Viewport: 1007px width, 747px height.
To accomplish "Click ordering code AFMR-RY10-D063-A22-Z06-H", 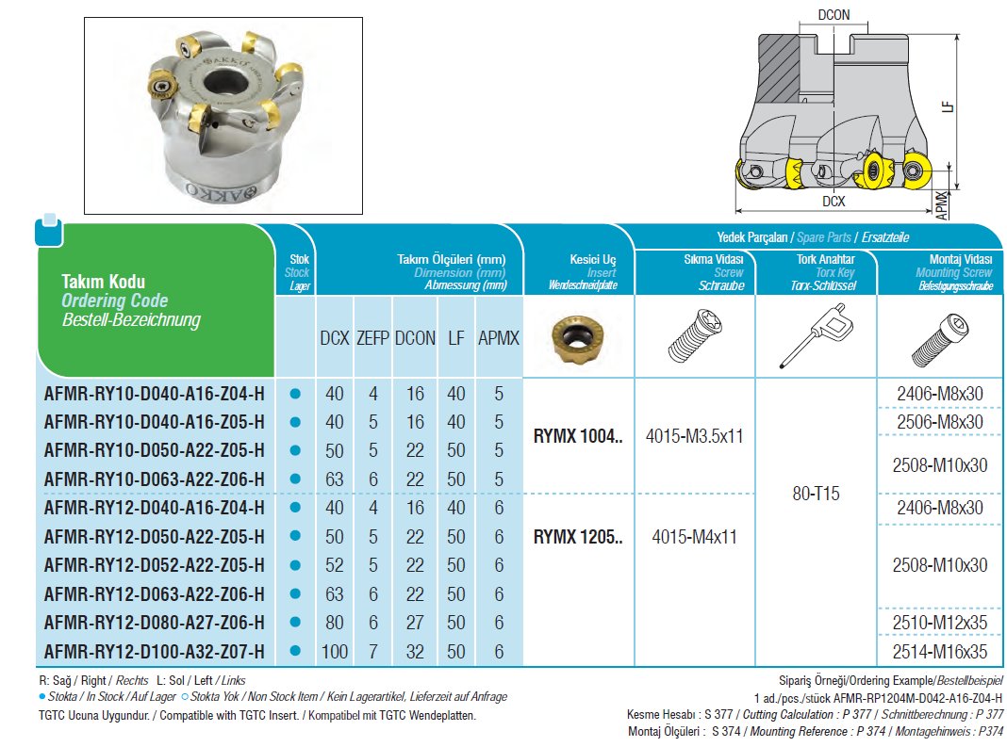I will pyautogui.click(x=154, y=479).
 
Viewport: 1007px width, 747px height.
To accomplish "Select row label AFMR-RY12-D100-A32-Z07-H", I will pyautogui.click(x=154, y=651).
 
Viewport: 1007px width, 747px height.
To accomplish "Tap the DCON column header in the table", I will pyautogui.click(x=414, y=338).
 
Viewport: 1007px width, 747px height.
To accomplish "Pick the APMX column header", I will pyautogui.click(x=498, y=338).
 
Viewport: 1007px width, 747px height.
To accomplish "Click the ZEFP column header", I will pyautogui.click(x=372, y=338).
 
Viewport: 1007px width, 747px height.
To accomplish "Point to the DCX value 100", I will pyautogui.click(x=334, y=651).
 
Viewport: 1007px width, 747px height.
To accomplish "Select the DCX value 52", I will pyautogui.click(x=334, y=565).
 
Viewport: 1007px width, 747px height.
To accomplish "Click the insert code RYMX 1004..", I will pyautogui.click(x=578, y=436).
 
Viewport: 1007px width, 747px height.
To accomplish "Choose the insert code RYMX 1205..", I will pyautogui.click(x=578, y=537).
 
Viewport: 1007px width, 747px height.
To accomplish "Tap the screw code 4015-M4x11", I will pyautogui.click(x=695, y=537).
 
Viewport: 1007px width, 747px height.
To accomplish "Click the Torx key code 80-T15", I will pyautogui.click(x=817, y=494).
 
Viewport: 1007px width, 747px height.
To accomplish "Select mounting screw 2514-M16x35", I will pyautogui.click(x=939, y=651).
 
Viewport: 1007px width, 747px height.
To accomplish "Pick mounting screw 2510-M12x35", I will pyautogui.click(x=939, y=622).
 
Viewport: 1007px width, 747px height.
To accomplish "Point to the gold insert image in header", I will pyautogui.click(x=577, y=338).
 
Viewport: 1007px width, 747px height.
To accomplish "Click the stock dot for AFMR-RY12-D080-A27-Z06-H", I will pyautogui.click(x=295, y=623).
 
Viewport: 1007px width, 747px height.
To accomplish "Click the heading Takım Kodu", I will pyautogui.click(x=104, y=281).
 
